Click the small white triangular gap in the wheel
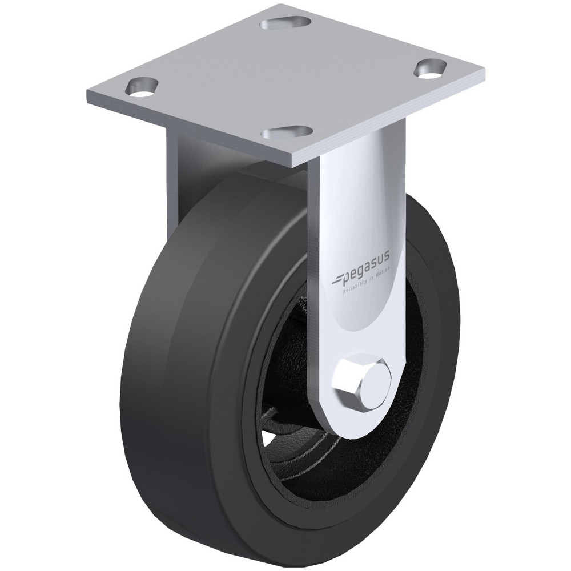point(267,439)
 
